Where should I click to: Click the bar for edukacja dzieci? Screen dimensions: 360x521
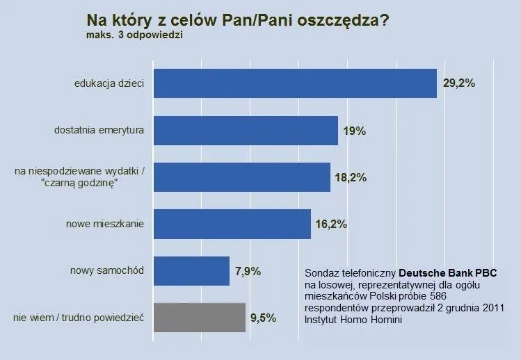(x=294, y=83)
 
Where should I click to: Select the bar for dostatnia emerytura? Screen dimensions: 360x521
(x=245, y=131)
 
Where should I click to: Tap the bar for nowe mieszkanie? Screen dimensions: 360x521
(x=231, y=224)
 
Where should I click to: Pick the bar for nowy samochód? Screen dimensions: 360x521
(x=191, y=271)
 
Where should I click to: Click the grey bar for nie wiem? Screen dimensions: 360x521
(x=199, y=318)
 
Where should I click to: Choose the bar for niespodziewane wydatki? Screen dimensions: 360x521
(x=241, y=177)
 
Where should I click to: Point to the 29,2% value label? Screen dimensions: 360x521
(x=458, y=83)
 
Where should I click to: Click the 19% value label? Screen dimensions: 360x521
(x=355, y=131)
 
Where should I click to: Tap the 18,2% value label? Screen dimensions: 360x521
(x=351, y=177)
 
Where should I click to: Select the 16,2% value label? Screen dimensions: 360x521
(x=331, y=224)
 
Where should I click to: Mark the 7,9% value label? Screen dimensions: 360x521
(x=248, y=271)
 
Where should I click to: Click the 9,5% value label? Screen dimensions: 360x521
(x=263, y=318)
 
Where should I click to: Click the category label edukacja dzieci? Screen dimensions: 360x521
(x=109, y=83)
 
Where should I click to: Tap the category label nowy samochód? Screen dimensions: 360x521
(x=106, y=270)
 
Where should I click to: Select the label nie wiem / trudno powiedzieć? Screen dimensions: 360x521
(x=78, y=318)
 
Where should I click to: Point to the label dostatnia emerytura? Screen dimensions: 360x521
(x=99, y=130)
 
